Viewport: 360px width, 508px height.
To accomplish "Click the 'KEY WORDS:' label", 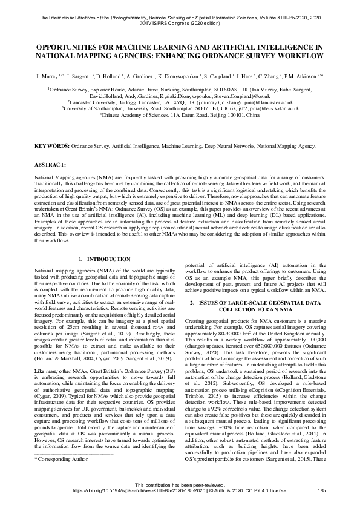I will point(51,147).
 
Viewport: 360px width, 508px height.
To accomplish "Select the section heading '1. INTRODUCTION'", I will point(100,259).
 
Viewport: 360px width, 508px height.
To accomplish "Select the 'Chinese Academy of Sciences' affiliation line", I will point(180,113).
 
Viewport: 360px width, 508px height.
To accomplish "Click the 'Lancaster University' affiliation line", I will point(180,102).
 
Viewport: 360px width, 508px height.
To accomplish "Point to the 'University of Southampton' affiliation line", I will point(180,108).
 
